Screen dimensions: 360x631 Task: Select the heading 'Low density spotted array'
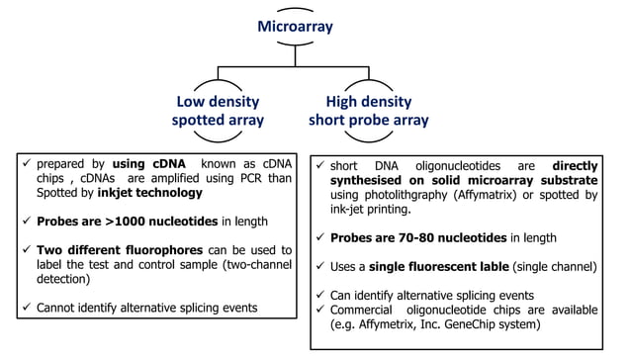219,110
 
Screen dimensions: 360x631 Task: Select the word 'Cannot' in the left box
58,307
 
